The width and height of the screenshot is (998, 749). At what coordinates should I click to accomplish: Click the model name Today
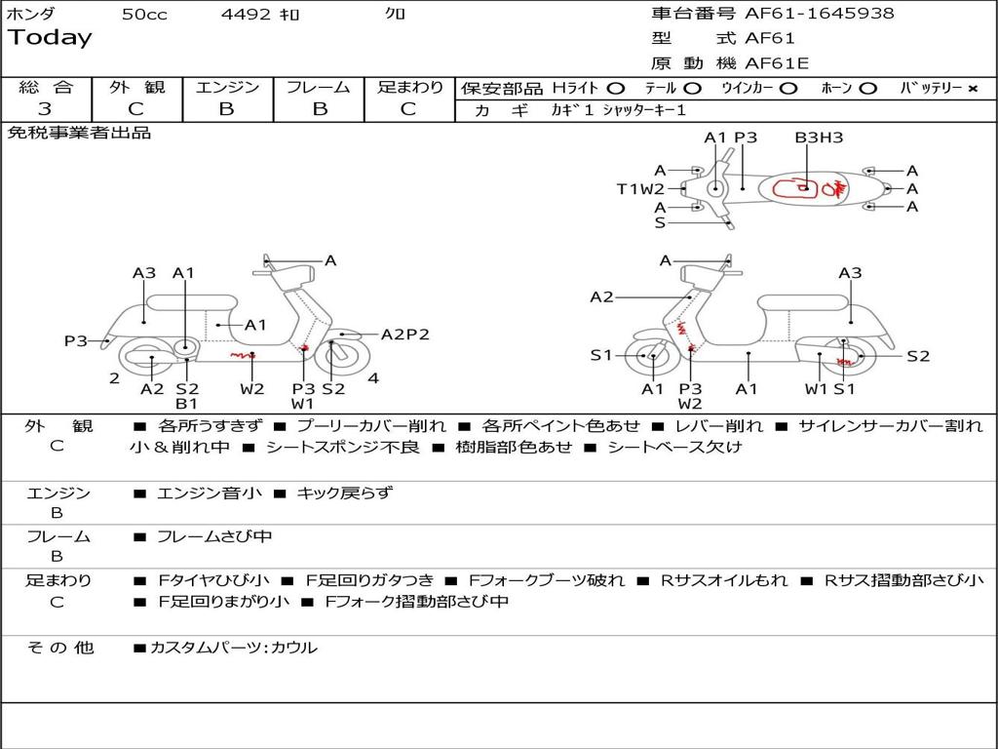(50, 38)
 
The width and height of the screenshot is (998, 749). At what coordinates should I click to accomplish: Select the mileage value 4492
(246, 15)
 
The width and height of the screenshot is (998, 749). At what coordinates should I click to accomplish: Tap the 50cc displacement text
(144, 15)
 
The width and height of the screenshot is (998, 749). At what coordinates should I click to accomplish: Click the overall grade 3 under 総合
(45, 109)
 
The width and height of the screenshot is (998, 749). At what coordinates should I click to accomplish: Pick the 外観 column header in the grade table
(136, 87)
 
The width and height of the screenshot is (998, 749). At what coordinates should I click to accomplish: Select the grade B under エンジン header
(226, 109)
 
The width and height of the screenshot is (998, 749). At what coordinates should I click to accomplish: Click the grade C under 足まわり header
(408, 109)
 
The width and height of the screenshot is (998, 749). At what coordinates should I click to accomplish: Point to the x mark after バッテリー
(972, 89)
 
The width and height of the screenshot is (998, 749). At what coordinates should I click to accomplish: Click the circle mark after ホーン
(867, 89)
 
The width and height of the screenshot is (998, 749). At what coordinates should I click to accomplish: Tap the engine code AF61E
(777, 63)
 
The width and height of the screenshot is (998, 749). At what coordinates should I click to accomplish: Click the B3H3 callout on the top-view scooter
(819, 138)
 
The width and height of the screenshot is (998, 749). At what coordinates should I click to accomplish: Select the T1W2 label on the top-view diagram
(640, 189)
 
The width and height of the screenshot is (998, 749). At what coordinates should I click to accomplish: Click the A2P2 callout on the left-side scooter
(404, 335)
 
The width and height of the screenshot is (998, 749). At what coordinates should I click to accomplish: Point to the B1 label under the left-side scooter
(186, 403)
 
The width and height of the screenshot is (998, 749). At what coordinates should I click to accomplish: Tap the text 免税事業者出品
(79, 133)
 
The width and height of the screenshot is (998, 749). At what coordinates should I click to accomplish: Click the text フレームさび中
(214, 536)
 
